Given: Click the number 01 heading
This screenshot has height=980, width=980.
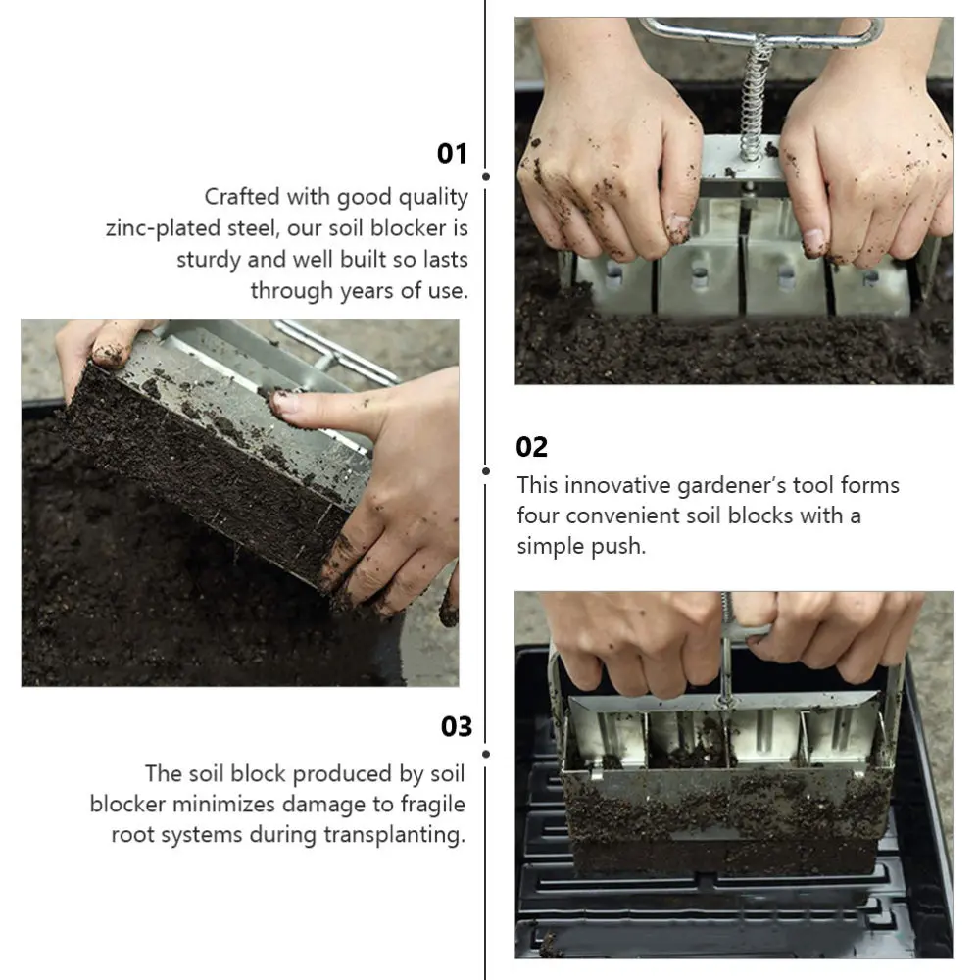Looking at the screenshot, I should (452, 154).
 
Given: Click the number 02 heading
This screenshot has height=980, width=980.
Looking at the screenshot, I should (531, 448).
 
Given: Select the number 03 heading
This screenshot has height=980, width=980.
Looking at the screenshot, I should (456, 727).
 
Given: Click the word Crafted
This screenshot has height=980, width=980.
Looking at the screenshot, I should (241, 197).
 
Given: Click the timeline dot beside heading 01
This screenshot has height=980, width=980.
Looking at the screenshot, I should (486, 176).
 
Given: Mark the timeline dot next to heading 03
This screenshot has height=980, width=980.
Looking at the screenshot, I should (486, 753).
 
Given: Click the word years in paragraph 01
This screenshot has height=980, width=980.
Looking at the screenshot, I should (367, 291).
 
